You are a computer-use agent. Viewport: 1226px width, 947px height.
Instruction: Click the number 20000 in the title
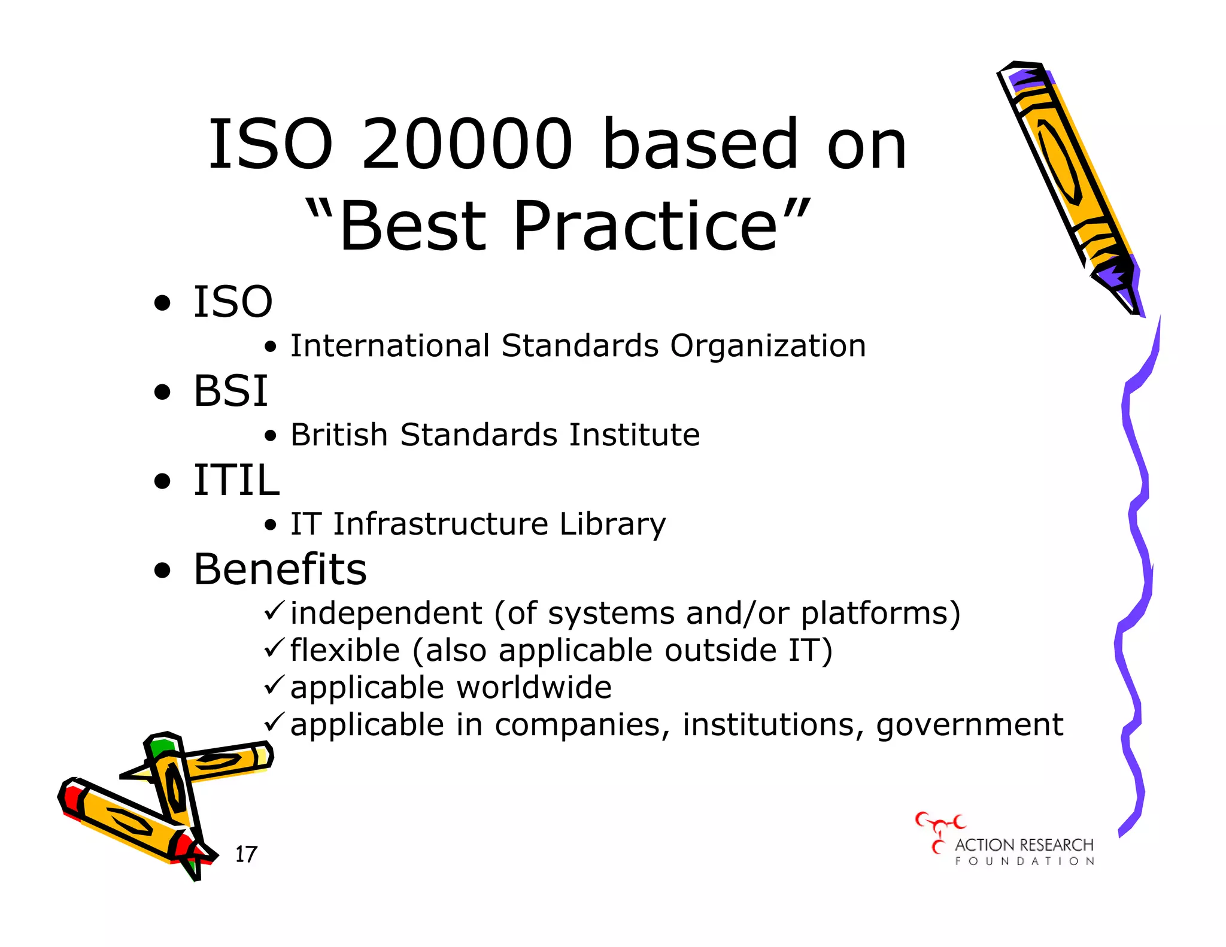click(x=468, y=144)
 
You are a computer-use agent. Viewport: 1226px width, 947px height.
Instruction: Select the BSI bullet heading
click(x=230, y=391)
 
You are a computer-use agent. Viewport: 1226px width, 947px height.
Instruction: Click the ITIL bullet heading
click(x=236, y=480)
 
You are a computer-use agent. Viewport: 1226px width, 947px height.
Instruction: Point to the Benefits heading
click(x=280, y=569)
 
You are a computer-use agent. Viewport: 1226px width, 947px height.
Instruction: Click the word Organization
click(x=768, y=346)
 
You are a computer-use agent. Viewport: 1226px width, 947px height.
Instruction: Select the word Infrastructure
click(x=441, y=524)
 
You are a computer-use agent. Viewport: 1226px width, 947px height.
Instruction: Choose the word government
click(x=970, y=726)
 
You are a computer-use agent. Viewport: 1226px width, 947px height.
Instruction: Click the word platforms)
click(x=881, y=614)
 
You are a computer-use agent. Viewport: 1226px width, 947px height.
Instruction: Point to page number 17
click(x=246, y=854)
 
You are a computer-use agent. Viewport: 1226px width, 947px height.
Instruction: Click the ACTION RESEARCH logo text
click(x=1024, y=845)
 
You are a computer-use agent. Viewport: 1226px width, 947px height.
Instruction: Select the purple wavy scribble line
click(x=1135, y=575)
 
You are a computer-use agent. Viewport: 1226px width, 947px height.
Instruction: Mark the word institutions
click(x=773, y=725)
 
